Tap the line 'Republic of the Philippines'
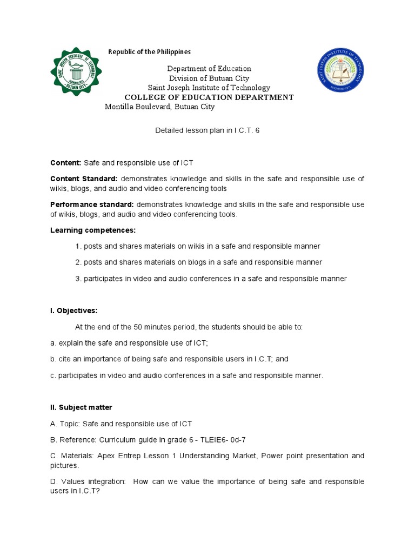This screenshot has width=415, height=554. (150, 52)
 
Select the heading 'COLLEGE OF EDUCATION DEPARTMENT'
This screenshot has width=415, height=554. (209, 97)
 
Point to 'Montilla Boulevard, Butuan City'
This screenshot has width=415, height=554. (159, 107)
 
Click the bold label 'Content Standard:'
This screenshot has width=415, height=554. (84, 179)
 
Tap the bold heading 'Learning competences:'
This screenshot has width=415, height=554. (85, 230)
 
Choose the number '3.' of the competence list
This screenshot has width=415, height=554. (79, 279)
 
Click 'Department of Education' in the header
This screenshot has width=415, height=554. (209, 69)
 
